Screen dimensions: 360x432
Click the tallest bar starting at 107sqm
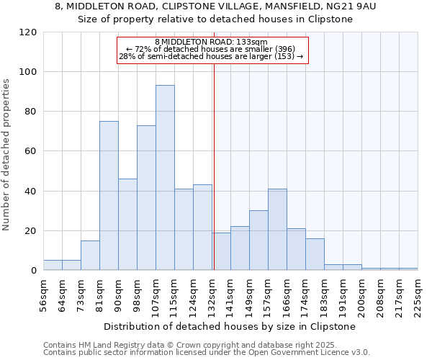coord(165,178)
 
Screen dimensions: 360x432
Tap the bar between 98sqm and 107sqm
coord(146,198)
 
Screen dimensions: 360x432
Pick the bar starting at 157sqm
coord(277,230)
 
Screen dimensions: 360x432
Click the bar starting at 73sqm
coord(90,256)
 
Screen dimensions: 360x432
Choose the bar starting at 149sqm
coord(258,240)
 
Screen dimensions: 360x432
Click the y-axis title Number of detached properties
coord(7,155)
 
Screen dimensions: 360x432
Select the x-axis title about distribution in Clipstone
coord(230,326)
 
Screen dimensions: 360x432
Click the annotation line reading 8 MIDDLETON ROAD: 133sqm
coord(211,42)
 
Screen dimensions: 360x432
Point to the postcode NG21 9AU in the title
coord(355,6)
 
